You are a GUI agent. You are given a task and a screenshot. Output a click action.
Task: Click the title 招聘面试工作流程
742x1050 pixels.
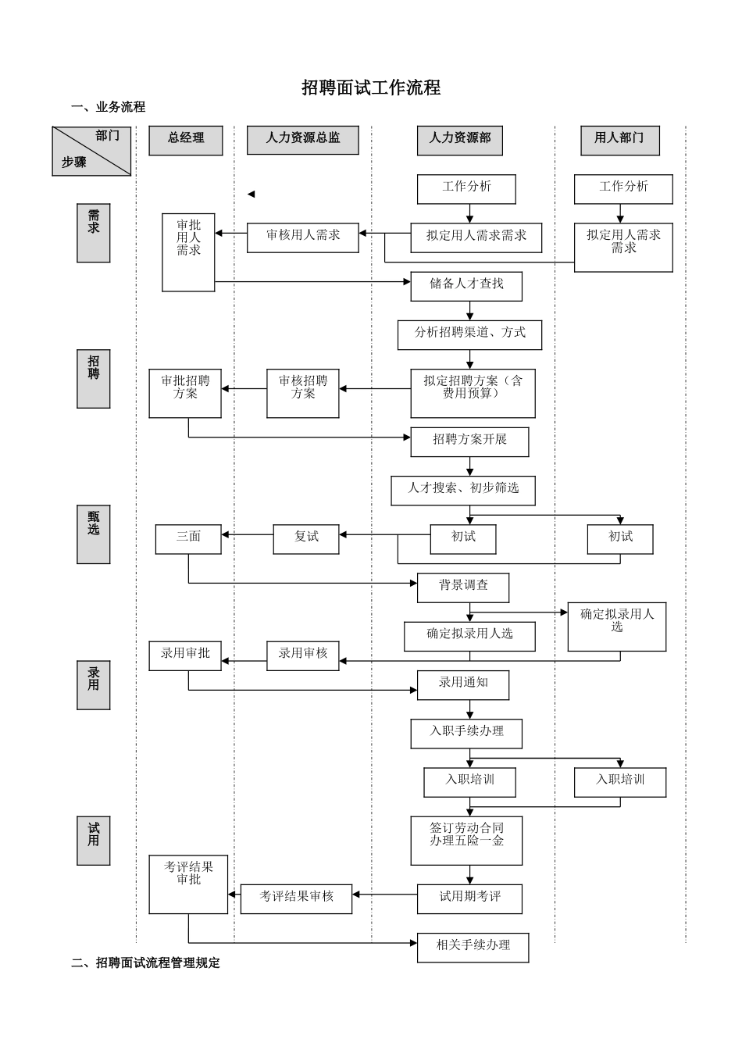click(x=371, y=88)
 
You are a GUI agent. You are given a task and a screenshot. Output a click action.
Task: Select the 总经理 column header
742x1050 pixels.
click(x=186, y=140)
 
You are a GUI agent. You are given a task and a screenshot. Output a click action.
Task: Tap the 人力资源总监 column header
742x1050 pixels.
click(x=302, y=140)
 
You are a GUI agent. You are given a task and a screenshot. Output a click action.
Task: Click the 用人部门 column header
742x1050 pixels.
click(x=619, y=140)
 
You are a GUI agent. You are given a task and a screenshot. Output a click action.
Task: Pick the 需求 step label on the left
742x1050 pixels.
click(x=93, y=233)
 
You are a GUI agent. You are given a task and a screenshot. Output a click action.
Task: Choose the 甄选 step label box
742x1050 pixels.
click(x=93, y=534)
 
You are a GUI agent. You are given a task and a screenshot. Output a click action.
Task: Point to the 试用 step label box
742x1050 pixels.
click(x=93, y=841)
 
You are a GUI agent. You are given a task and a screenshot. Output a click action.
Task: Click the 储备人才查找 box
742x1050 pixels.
click(x=466, y=286)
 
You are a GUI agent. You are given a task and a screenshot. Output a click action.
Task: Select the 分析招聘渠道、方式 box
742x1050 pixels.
click(x=469, y=334)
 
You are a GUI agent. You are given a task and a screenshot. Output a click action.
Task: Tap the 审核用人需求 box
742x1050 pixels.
click(x=303, y=237)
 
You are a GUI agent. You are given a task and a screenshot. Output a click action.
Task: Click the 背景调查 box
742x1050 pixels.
click(x=463, y=587)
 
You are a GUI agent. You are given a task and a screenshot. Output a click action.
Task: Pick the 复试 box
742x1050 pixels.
click(x=306, y=539)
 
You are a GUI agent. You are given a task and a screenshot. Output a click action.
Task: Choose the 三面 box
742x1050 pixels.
click(x=188, y=539)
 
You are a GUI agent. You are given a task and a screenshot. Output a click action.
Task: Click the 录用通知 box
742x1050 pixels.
click(x=463, y=684)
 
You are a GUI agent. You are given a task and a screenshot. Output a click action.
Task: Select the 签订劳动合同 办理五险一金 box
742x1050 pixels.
click(x=466, y=840)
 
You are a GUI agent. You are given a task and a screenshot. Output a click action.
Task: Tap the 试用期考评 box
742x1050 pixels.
click(x=469, y=898)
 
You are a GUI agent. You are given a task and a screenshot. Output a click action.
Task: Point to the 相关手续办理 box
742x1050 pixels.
click(x=473, y=947)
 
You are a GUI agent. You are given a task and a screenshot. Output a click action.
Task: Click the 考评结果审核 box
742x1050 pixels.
click(x=296, y=898)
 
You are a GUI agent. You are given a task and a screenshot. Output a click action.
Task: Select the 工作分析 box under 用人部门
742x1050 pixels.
click(x=623, y=189)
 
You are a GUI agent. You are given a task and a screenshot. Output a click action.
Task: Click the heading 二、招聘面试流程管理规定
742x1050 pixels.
click(x=145, y=963)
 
